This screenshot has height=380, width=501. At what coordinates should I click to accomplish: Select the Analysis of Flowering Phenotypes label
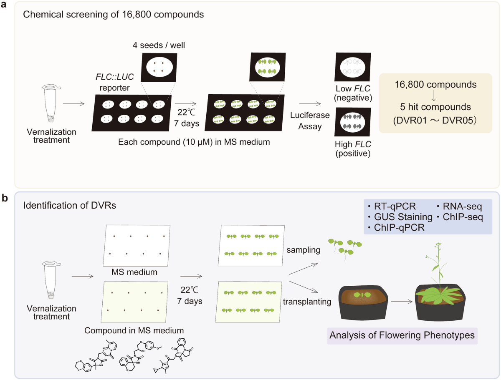[402, 335]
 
